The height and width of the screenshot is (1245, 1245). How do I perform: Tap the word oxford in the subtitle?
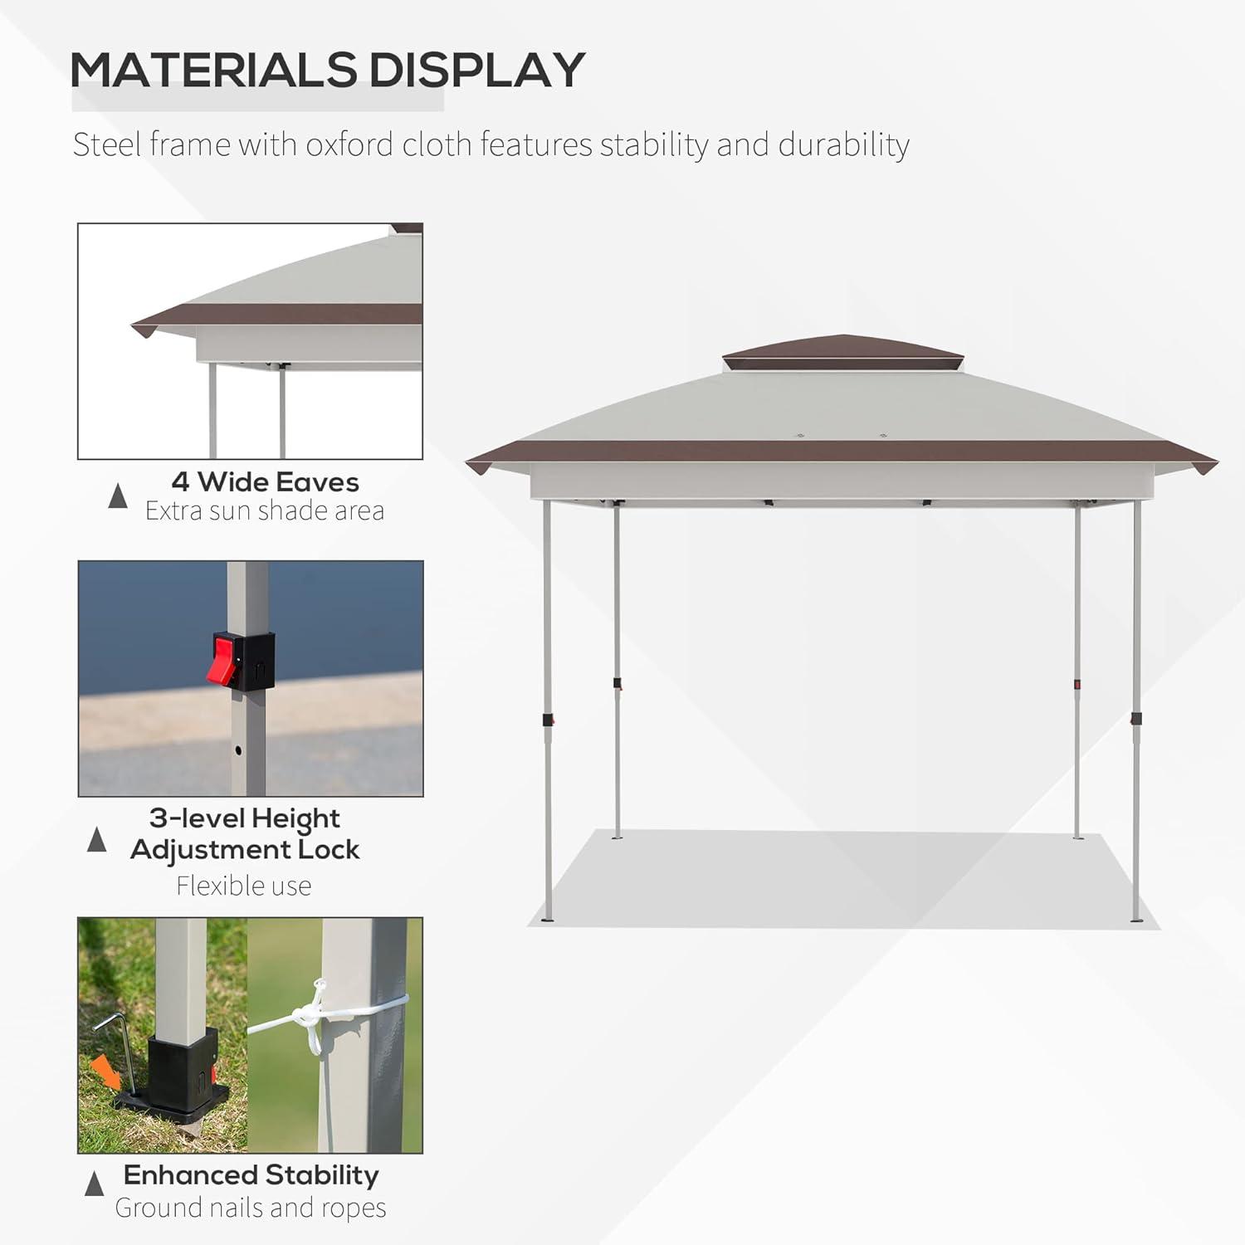(349, 144)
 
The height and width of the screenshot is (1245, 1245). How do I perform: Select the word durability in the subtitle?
(843, 144)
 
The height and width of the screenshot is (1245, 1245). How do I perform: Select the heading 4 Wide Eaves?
(266, 482)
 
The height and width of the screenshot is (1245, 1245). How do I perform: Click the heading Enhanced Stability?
(251, 1175)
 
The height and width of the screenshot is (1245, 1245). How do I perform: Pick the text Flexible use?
(244, 886)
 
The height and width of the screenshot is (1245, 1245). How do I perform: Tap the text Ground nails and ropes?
(251, 1208)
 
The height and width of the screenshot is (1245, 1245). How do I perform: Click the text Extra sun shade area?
(265, 511)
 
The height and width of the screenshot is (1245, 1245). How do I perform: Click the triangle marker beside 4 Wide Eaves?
(118, 496)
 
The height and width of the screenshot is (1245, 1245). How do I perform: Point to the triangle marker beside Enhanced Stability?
(95, 1184)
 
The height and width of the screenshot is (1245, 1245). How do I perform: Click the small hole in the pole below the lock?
(238, 750)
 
